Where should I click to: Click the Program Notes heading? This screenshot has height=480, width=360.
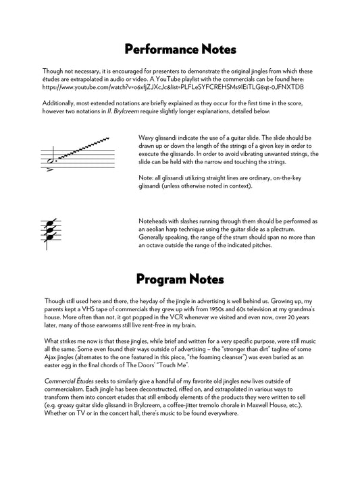180,278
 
